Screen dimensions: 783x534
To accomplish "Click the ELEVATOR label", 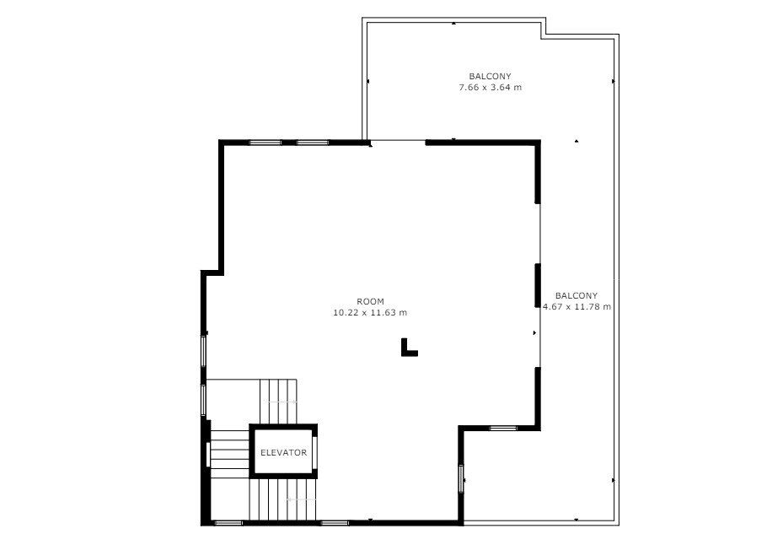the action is click(284, 452).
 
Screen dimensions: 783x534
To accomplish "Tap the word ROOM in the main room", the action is click(371, 301).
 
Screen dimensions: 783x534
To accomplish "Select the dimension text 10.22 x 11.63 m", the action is click(370, 312).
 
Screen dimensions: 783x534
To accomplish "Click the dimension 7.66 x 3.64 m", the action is click(491, 88).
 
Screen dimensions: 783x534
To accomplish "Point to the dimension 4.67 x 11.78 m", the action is click(577, 306).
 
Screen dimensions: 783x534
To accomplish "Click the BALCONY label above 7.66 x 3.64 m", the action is click(490, 77).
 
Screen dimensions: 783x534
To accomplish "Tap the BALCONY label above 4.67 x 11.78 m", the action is click(577, 295).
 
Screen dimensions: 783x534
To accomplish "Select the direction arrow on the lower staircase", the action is click(302, 499).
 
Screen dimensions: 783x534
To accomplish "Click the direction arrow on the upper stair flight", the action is click(282, 402).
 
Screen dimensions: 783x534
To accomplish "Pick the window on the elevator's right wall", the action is click(314, 452).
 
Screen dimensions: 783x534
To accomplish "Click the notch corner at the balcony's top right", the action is click(544, 36).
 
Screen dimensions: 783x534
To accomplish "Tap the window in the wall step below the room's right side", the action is click(503, 428).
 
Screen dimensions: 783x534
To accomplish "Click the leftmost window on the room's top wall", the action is click(265, 143).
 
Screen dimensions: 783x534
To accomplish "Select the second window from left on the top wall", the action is click(313, 143).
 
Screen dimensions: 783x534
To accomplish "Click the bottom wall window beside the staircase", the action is click(334, 523).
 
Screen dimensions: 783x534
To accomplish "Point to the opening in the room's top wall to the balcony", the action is click(398, 141).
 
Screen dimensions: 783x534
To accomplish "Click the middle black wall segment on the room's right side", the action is click(538, 284).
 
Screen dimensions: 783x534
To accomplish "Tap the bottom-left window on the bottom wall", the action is click(228, 523).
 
